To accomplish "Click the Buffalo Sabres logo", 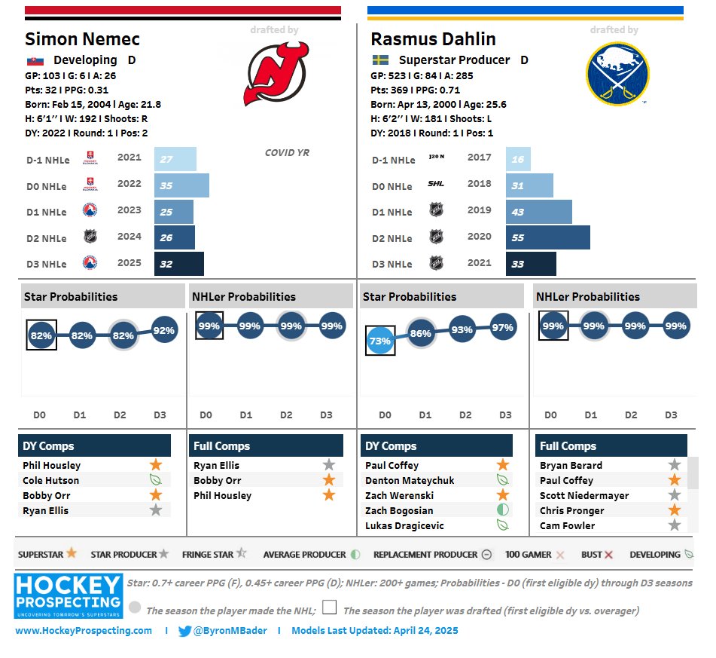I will (617, 73).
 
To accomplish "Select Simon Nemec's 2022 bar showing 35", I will (181, 185).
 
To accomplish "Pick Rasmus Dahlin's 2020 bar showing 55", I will (547, 237).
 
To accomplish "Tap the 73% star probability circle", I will (379, 341).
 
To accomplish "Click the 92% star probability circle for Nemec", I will (164, 330).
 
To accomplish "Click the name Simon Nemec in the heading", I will (82, 39).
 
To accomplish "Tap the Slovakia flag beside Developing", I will (35, 60).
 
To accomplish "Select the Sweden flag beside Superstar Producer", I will (379, 60).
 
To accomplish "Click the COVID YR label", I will (287, 153).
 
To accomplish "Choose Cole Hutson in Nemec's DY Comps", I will (50, 480).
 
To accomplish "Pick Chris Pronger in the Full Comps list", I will (572, 510).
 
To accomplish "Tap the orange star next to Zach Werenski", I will (503, 495).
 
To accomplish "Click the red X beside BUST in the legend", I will (608, 555).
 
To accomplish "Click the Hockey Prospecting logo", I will (68, 595).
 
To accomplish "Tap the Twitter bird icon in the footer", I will (184, 631).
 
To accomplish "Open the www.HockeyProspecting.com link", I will (83, 631).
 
